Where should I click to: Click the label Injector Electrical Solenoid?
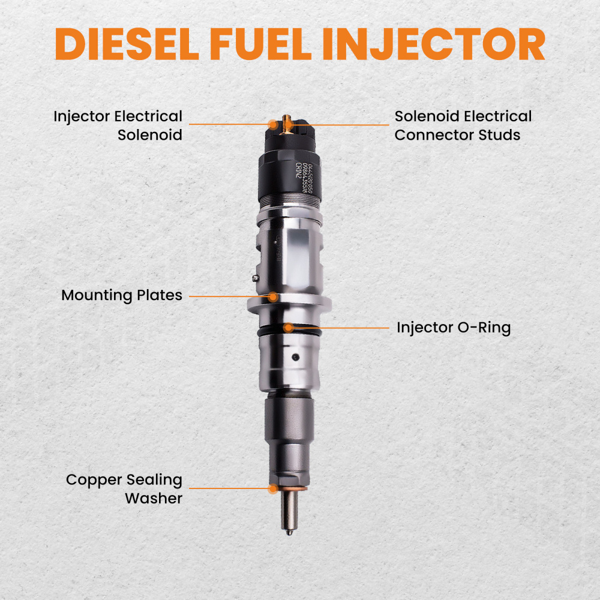(x=118, y=125)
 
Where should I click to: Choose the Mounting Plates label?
(x=122, y=295)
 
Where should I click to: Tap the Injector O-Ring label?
(x=453, y=328)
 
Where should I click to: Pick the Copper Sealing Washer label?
(x=124, y=488)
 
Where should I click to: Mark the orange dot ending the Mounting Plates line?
(x=273, y=296)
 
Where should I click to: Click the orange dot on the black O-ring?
(x=289, y=328)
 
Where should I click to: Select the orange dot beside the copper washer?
(x=273, y=489)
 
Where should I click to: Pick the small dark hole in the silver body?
(x=294, y=358)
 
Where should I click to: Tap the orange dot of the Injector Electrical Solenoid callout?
(x=273, y=125)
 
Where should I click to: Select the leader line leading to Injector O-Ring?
(x=342, y=328)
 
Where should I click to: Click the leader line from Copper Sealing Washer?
(x=228, y=488)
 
